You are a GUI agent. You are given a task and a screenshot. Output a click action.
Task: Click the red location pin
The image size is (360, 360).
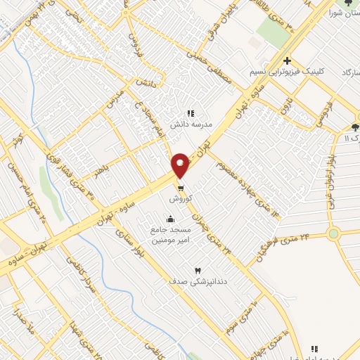pos(180,165)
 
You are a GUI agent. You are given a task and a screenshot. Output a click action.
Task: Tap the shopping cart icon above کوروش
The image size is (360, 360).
pos(181,188)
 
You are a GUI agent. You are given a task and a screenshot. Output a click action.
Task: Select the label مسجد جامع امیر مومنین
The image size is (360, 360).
pos(167,235)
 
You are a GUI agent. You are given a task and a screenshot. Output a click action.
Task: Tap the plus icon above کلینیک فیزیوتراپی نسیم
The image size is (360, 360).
pos(288,60)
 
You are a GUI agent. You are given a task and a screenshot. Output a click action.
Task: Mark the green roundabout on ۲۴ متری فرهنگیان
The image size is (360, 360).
pos(333,233)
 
